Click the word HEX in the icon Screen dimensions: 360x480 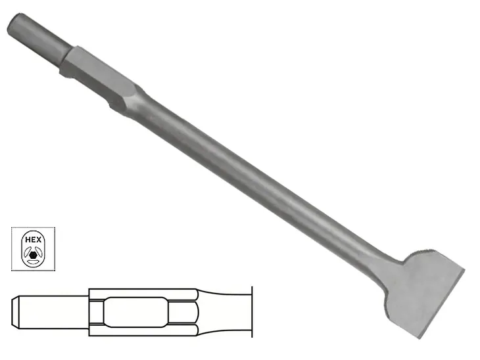(32, 239)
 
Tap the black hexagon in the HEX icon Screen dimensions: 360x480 (32, 250)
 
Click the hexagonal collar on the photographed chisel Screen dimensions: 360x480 (99, 68)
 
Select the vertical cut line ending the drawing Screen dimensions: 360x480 (251, 312)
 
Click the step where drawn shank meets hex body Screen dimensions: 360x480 (89, 312)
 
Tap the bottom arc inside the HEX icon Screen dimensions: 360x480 (32, 261)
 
